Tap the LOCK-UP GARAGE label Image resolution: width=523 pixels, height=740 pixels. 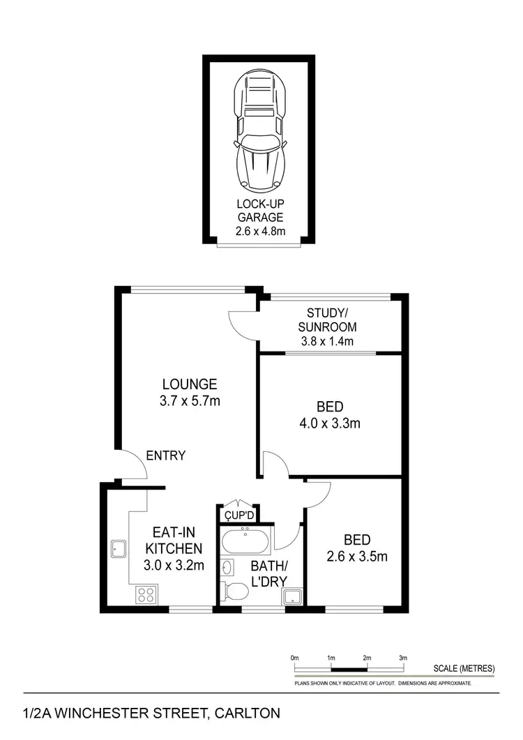pyautogui.click(x=259, y=211)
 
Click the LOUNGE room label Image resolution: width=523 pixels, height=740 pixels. pyautogui.click(x=190, y=384)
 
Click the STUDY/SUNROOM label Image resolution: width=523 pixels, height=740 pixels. pyautogui.click(x=327, y=319)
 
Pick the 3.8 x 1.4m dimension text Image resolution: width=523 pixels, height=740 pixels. pyautogui.click(x=327, y=341)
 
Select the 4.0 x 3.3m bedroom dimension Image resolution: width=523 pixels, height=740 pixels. pyautogui.click(x=331, y=423)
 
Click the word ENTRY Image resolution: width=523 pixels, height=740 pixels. pyautogui.click(x=166, y=456)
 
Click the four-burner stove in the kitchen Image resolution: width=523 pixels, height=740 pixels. pyautogui.click(x=146, y=594)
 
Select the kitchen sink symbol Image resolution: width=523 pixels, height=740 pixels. pyautogui.click(x=116, y=549)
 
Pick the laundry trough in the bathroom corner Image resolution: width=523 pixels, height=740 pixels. pyautogui.click(x=291, y=596)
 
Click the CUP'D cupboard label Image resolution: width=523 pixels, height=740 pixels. pyautogui.click(x=238, y=516)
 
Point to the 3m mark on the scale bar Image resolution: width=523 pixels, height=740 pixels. pyautogui.click(x=402, y=658)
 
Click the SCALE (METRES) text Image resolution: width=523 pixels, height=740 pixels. pyautogui.click(x=463, y=667)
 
